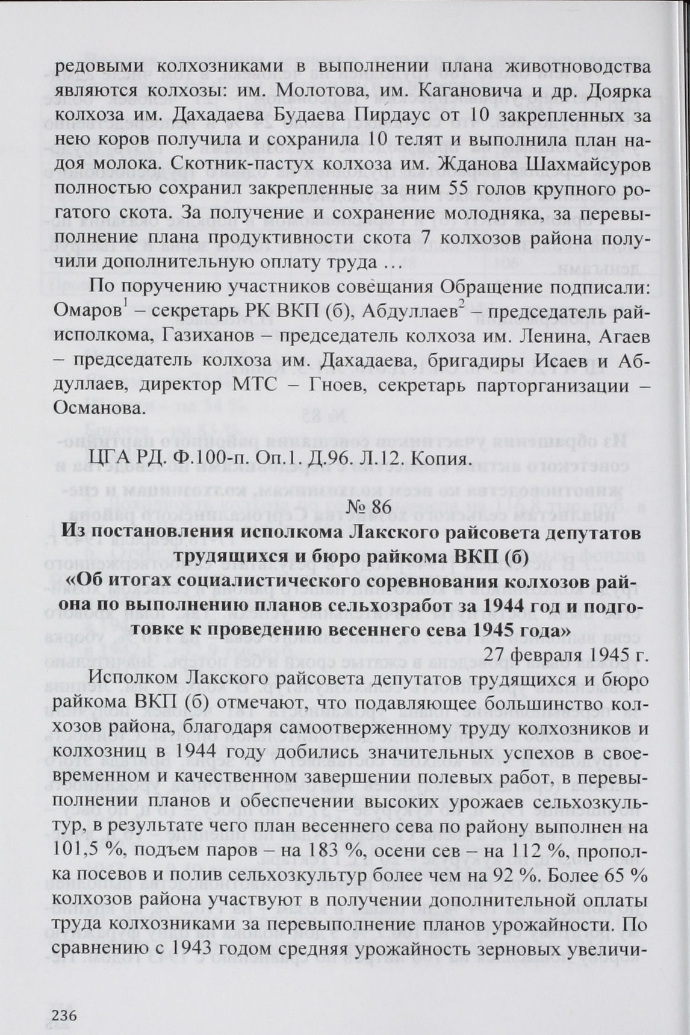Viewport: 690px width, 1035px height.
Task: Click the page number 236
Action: click(x=60, y=1015)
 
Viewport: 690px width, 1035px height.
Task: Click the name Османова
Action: click(x=99, y=409)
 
